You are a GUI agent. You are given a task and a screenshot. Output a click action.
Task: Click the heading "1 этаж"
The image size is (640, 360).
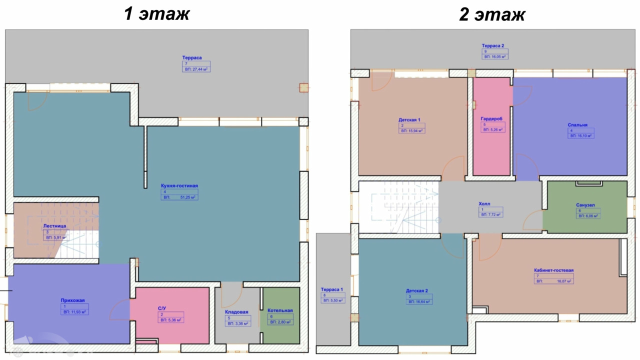click(156, 13)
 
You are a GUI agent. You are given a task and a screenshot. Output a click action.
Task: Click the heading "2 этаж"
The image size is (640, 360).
click(492, 14)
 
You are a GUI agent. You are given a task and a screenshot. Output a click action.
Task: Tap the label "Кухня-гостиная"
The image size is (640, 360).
click(179, 185)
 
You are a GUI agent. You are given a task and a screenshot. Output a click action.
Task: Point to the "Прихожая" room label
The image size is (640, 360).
click(73, 300)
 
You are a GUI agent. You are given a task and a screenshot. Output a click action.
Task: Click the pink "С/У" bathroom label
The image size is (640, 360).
click(162, 308)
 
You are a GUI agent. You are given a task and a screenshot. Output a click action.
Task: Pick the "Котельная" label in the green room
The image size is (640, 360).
click(280, 310)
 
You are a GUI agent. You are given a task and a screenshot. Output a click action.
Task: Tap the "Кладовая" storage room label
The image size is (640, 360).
click(236, 312)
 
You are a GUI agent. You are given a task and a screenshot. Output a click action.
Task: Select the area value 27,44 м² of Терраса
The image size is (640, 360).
click(196, 69)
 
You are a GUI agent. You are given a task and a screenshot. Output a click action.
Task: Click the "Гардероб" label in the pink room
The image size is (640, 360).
click(491, 118)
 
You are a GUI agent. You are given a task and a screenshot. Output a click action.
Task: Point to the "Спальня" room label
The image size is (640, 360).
click(577, 125)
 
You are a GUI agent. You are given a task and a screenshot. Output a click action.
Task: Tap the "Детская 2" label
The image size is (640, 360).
click(417, 290)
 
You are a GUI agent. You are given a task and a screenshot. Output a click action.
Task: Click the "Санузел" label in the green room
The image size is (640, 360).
click(585, 205)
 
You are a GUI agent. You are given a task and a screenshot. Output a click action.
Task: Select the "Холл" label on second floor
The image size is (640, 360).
click(484, 204)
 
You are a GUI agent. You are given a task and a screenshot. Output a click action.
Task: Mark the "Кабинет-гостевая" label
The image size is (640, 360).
click(553, 270)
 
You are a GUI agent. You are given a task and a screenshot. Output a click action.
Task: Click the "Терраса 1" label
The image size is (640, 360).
click(332, 289)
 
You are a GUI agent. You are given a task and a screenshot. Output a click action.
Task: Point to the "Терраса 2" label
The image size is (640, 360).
click(493, 45)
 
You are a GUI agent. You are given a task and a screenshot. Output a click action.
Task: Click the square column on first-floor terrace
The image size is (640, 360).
click(303, 88)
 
